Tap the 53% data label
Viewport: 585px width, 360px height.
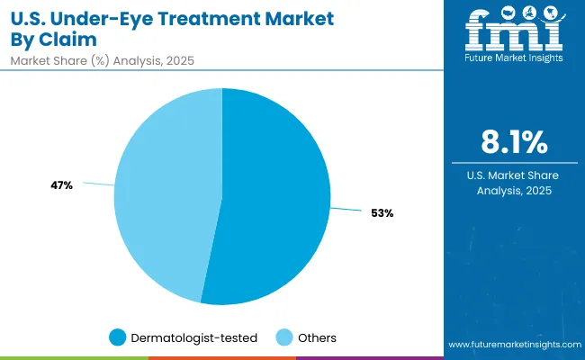[382, 213]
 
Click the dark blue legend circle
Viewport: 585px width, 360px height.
[118, 337]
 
